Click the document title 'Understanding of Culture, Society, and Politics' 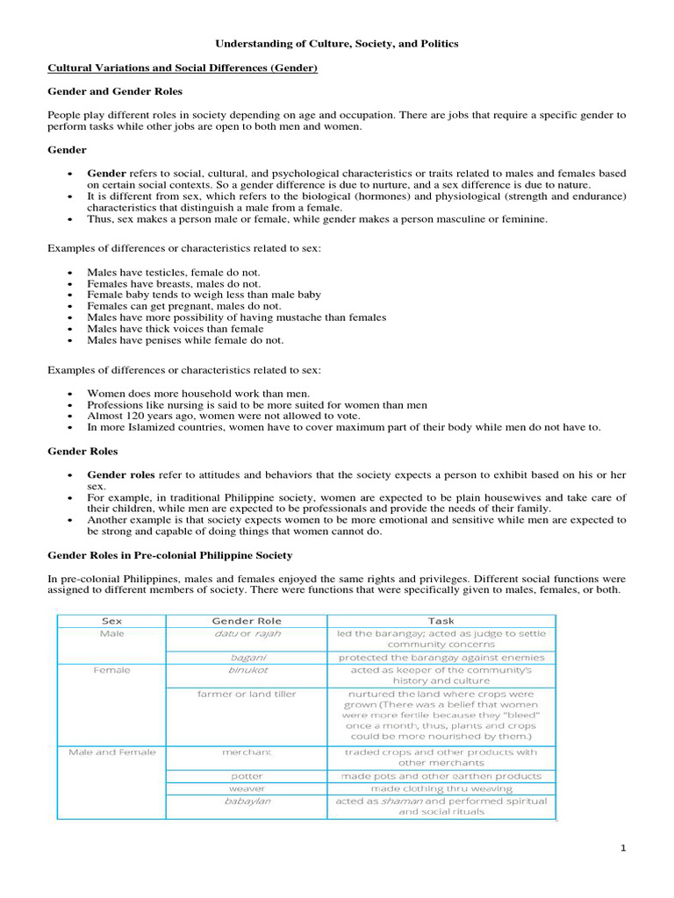point(337,43)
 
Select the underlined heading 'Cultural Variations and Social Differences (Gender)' point(182,68)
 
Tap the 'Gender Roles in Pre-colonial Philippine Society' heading point(169,555)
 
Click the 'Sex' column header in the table point(112,620)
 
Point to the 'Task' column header point(441,620)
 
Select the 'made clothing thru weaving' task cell point(441,788)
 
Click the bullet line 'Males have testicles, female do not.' point(173,273)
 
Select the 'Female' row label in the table point(112,670)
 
